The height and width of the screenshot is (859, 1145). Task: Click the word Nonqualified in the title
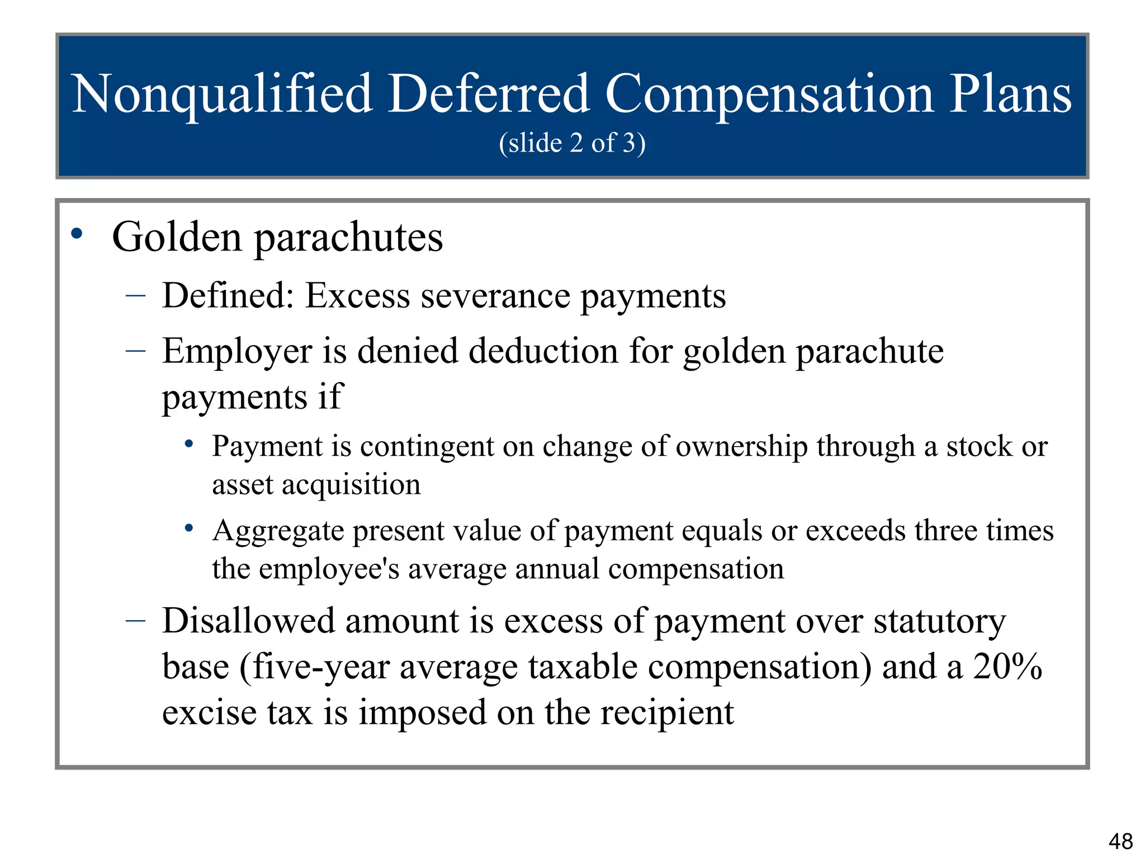click(x=222, y=94)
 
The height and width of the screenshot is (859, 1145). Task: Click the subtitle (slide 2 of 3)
click(x=572, y=143)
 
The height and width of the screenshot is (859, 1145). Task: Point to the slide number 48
click(x=1120, y=841)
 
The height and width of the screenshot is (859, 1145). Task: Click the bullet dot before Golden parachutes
click(x=77, y=234)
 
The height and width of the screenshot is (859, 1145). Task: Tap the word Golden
click(x=177, y=237)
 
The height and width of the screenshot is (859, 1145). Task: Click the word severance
click(x=495, y=296)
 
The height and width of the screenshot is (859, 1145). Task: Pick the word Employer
click(x=237, y=352)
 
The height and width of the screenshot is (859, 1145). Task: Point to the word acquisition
click(x=351, y=484)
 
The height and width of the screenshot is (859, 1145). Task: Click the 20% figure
click(x=1007, y=667)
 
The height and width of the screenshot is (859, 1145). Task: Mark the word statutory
click(x=939, y=622)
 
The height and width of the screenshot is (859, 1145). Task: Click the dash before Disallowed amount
click(x=136, y=620)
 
